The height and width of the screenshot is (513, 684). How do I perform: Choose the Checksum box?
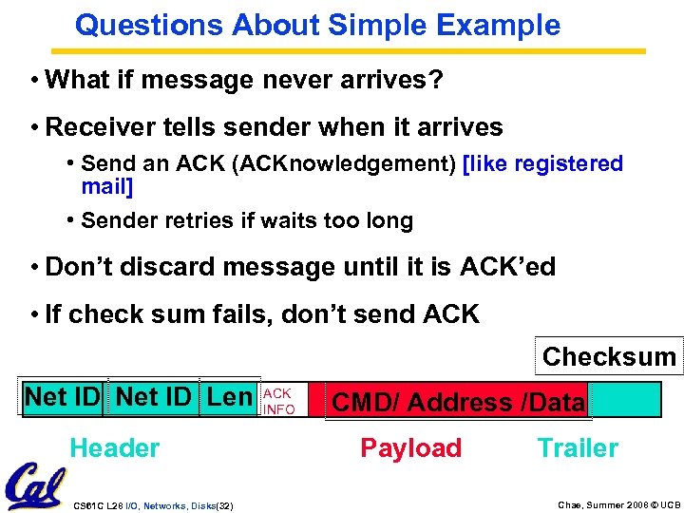pyautogui.click(x=609, y=357)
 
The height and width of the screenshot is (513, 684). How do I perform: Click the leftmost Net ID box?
pyautogui.click(x=63, y=396)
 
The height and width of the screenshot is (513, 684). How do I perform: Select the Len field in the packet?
pyautogui.click(x=229, y=396)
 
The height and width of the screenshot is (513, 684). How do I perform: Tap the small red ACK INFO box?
pyautogui.click(x=279, y=401)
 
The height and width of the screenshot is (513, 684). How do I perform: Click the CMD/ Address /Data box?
pyautogui.click(x=457, y=402)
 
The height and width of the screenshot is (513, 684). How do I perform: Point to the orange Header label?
pyautogui.click(x=115, y=448)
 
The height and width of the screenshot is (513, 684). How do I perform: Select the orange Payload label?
pyautogui.click(x=410, y=448)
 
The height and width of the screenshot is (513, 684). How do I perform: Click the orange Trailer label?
pyautogui.click(x=578, y=448)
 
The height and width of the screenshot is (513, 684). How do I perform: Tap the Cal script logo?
pyautogui.click(x=35, y=484)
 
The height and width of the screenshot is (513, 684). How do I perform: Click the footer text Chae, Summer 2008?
pyautogui.click(x=588, y=503)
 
